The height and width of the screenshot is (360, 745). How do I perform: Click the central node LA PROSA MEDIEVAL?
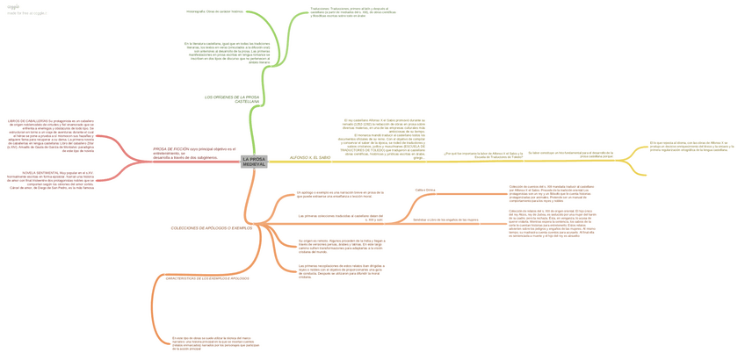(x=254, y=162)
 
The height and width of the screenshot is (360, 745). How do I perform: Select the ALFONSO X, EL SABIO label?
(x=310, y=157)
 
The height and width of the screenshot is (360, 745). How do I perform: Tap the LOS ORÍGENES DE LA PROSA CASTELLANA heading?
(x=233, y=99)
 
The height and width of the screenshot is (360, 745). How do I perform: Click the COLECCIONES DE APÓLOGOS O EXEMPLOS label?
(x=212, y=227)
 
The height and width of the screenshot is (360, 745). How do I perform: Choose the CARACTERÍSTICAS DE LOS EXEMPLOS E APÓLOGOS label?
(x=207, y=278)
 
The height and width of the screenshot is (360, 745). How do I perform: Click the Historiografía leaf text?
(x=214, y=11)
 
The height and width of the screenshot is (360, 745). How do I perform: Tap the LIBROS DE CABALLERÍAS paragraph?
(x=50, y=134)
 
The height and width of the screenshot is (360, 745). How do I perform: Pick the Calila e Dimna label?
(x=425, y=190)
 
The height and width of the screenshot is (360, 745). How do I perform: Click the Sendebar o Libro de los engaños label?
(x=445, y=220)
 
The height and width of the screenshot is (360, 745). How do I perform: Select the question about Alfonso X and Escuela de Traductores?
(x=477, y=155)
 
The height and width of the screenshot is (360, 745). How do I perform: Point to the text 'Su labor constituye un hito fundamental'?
(x=570, y=155)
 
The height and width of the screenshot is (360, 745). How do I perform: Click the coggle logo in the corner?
(x=13, y=6)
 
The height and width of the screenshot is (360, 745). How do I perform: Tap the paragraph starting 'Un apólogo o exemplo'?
(x=341, y=194)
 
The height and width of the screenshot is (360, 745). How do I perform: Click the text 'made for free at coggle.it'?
(x=27, y=13)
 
